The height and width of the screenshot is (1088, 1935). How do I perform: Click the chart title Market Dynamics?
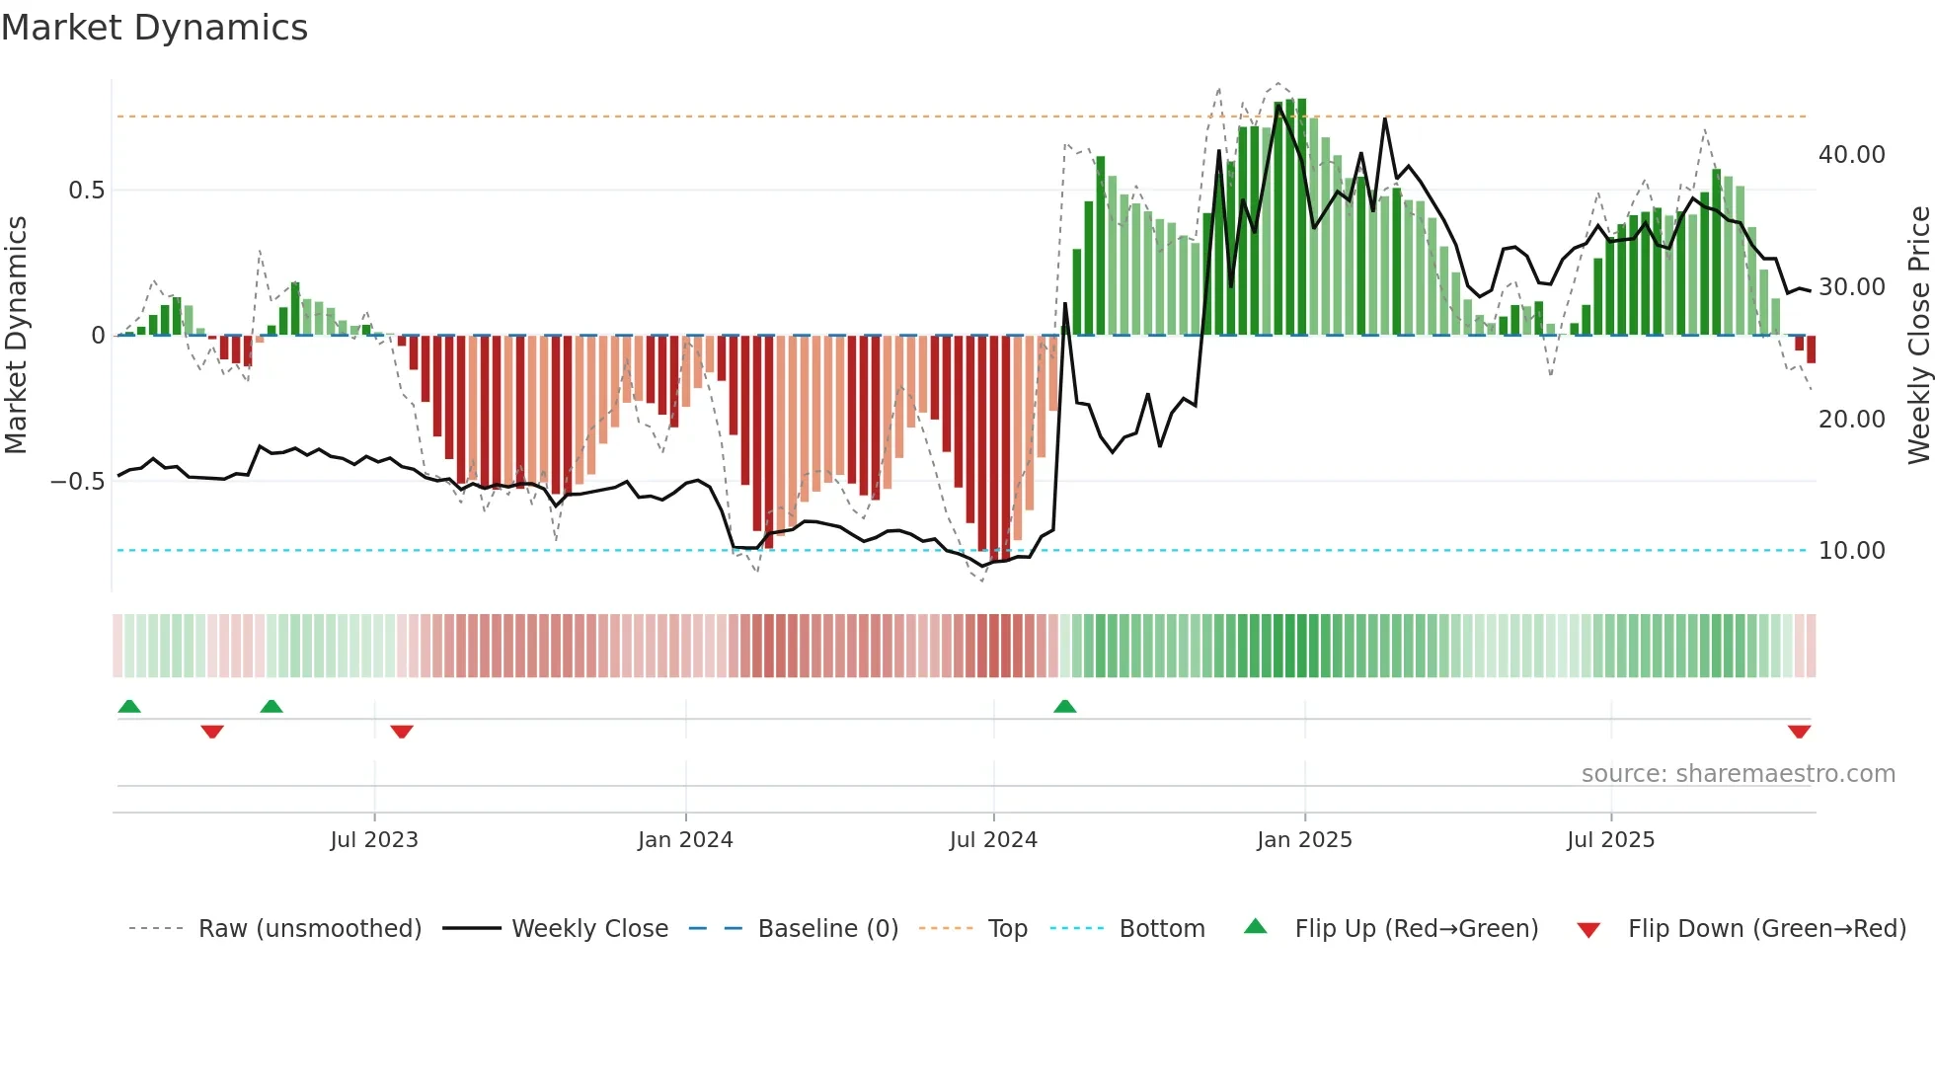click(154, 28)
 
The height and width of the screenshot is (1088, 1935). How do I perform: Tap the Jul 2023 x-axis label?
click(374, 840)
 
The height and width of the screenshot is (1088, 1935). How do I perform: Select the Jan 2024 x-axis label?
click(685, 840)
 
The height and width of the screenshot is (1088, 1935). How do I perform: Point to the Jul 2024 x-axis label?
click(993, 840)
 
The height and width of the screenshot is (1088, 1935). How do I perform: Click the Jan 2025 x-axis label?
click(1304, 840)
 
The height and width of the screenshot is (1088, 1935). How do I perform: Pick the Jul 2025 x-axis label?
click(1610, 840)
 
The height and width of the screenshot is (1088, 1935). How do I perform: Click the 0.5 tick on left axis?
click(86, 191)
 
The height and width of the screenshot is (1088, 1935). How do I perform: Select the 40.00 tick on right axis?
click(1851, 155)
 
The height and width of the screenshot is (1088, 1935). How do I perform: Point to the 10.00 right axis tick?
click(1851, 551)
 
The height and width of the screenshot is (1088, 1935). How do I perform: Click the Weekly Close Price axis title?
click(1918, 336)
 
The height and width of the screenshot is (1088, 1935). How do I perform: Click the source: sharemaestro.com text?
click(1738, 774)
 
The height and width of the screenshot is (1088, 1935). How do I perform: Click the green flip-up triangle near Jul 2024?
click(1064, 706)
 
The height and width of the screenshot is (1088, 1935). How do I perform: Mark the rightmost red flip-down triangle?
click(1799, 732)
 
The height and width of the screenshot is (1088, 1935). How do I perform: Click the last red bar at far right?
click(1811, 350)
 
